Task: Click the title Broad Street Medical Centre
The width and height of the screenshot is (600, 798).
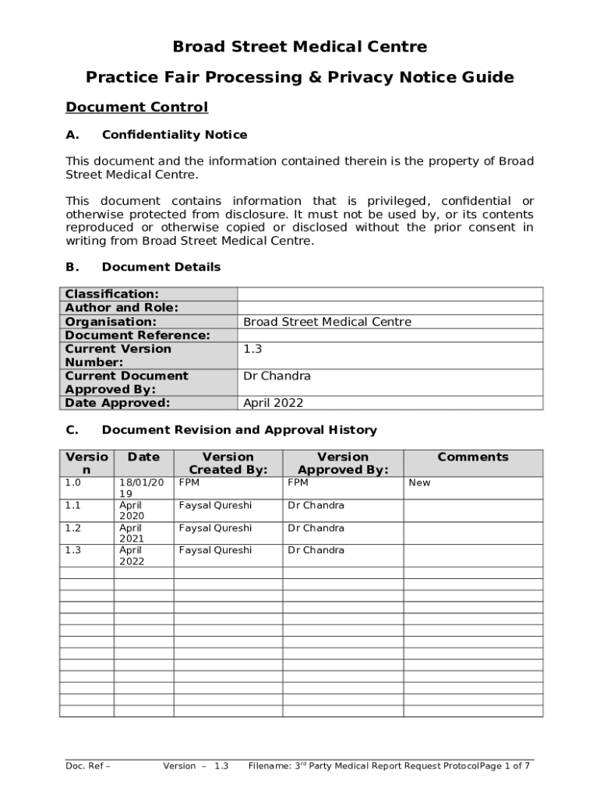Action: (x=299, y=47)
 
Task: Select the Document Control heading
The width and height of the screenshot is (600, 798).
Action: (x=136, y=107)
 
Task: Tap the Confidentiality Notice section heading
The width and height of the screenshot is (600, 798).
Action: (x=174, y=135)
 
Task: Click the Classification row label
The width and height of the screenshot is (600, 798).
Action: (x=112, y=294)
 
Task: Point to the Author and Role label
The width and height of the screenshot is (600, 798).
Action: (x=122, y=308)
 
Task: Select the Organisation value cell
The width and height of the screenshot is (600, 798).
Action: (x=327, y=322)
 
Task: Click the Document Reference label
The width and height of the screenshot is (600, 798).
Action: (x=138, y=335)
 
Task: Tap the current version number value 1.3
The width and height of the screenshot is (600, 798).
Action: (x=252, y=349)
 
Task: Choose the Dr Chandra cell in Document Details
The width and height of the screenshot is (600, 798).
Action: (x=277, y=376)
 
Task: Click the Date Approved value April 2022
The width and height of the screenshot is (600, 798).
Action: (x=274, y=403)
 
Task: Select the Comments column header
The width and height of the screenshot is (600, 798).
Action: (x=472, y=457)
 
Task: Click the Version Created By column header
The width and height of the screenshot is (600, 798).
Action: (x=228, y=463)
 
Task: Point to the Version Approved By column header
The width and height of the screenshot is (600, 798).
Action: (x=342, y=463)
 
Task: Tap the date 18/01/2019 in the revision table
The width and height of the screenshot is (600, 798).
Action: (x=140, y=488)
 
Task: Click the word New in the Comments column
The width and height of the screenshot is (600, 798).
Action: (x=419, y=482)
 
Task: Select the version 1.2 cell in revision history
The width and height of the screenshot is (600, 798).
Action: (x=72, y=528)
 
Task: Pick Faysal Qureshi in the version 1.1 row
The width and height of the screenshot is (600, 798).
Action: (x=215, y=505)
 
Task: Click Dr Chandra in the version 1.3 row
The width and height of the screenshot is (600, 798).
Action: (x=316, y=550)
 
